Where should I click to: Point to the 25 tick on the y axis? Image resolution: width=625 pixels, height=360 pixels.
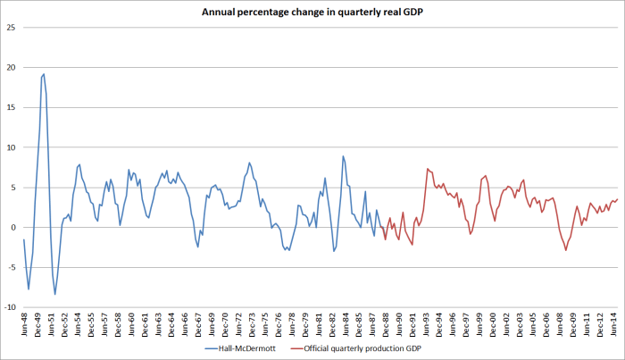[12, 28]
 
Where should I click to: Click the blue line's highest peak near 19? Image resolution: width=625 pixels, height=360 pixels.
[44, 74]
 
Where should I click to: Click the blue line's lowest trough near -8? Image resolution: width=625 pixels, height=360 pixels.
[55, 294]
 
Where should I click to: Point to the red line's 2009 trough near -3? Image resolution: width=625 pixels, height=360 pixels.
[566, 250]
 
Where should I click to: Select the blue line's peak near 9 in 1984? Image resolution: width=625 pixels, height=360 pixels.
[343, 156]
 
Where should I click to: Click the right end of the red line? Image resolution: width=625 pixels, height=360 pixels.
[617, 199]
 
